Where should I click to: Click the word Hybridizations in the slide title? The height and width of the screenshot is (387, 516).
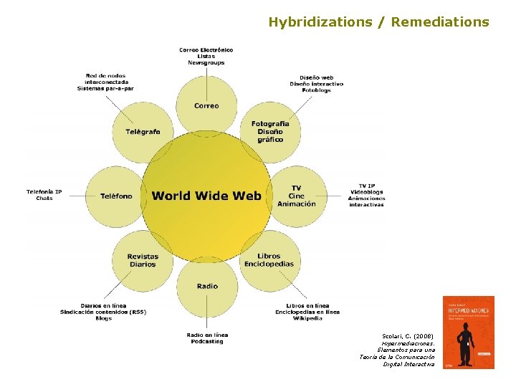pos(320,22)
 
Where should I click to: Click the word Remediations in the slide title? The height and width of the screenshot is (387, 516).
pos(440,22)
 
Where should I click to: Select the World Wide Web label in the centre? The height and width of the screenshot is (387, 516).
pos(206,196)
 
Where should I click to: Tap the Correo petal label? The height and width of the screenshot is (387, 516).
pos(206,106)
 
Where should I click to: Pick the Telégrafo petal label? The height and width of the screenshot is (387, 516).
pos(143,132)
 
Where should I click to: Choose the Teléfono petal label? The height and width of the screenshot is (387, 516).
pos(116,196)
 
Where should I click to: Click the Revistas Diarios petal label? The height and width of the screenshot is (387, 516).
pos(143,260)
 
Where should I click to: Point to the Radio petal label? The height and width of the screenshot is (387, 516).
pos(206,286)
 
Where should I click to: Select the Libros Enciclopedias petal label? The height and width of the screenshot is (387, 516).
pos(269,259)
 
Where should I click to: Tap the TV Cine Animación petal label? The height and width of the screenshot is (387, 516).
pos(296,196)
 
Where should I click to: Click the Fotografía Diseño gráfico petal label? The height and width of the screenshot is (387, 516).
pos(269,132)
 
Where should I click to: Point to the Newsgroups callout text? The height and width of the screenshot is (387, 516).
pos(206,63)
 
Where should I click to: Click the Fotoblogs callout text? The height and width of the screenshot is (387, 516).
pos(316,90)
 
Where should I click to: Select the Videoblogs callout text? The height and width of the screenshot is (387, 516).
pos(366,192)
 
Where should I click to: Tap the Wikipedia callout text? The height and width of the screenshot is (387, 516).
pos(307,318)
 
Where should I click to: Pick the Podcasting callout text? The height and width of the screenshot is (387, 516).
pos(206,341)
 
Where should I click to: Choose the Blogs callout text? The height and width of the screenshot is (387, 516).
pos(103,318)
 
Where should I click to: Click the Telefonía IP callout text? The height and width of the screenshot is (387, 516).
pos(44,191)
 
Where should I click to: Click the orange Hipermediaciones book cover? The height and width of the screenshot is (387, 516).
pos(468,332)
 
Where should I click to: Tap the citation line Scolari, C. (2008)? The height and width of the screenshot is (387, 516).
pos(410,335)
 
